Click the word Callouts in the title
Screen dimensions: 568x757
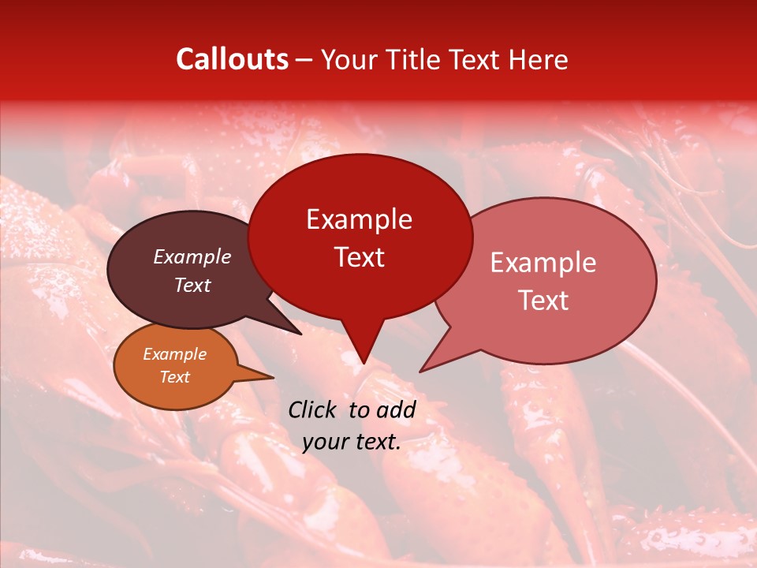[x=232, y=59]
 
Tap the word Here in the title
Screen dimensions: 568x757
[x=538, y=59]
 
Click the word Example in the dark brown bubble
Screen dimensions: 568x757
[x=192, y=257]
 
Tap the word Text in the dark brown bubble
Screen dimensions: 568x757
[x=192, y=286]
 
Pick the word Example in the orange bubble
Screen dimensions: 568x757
[x=175, y=354]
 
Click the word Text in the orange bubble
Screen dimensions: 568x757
[x=175, y=377]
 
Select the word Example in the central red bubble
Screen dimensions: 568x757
[x=359, y=219]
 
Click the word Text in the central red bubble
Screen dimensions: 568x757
[x=359, y=257]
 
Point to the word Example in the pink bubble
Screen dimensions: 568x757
[x=543, y=263]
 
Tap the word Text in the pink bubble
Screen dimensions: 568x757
[x=543, y=301]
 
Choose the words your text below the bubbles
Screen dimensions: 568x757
[x=352, y=442]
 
